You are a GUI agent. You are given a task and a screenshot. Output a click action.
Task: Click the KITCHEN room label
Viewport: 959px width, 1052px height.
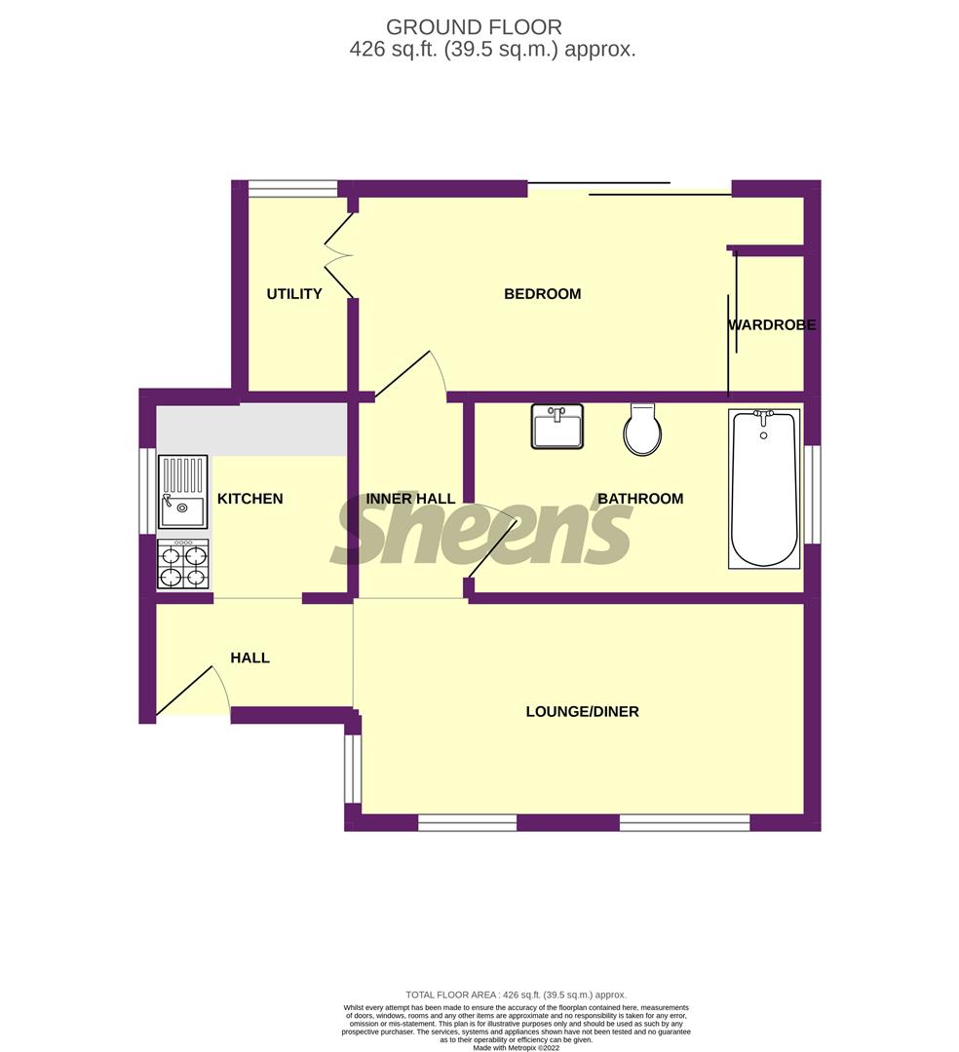pyautogui.click(x=249, y=499)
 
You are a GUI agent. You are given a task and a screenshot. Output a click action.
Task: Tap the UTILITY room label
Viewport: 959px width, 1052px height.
pyautogui.click(x=294, y=294)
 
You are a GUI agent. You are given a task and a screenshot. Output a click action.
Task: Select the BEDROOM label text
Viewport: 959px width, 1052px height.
pyautogui.click(x=542, y=294)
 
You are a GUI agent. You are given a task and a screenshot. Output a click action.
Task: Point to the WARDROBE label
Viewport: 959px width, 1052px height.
pyautogui.click(x=772, y=325)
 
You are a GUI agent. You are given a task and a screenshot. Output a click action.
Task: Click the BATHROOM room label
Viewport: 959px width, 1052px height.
pyautogui.click(x=640, y=499)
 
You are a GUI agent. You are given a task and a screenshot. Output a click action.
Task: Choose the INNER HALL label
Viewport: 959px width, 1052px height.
pyautogui.click(x=410, y=499)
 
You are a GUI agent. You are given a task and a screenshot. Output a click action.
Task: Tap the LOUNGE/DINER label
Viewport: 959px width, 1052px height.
pyautogui.click(x=582, y=712)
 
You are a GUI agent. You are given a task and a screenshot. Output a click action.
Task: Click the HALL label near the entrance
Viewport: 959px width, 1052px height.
pyautogui.click(x=249, y=658)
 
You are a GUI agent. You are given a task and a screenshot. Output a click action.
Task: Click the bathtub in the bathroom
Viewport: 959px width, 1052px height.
pyautogui.click(x=764, y=489)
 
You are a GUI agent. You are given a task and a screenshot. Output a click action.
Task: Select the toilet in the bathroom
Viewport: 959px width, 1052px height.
pyautogui.click(x=642, y=431)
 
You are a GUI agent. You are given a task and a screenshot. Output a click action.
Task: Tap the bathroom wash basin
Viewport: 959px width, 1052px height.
pyautogui.click(x=557, y=427)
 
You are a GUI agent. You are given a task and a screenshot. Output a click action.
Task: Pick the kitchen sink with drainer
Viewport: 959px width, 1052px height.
pyautogui.click(x=183, y=492)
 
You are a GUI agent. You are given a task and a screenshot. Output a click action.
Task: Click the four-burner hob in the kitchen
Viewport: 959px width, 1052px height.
pyautogui.click(x=183, y=565)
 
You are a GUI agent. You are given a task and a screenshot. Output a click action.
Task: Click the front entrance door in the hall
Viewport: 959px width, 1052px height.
pyautogui.click(x=192, y=691)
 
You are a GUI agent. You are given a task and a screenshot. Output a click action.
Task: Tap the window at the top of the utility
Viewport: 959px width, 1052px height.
pyautogui.click(x=292, y=189)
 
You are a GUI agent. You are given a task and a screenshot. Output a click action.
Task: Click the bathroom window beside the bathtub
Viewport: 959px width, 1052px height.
pyautogui.click(x=811, y=494)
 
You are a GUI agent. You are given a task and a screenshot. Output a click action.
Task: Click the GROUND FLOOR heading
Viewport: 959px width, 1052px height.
pyautogui.click(x=474, y=27)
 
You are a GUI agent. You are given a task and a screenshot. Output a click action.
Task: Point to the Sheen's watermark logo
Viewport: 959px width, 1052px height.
pyautogui.click(x=482, y=532)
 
